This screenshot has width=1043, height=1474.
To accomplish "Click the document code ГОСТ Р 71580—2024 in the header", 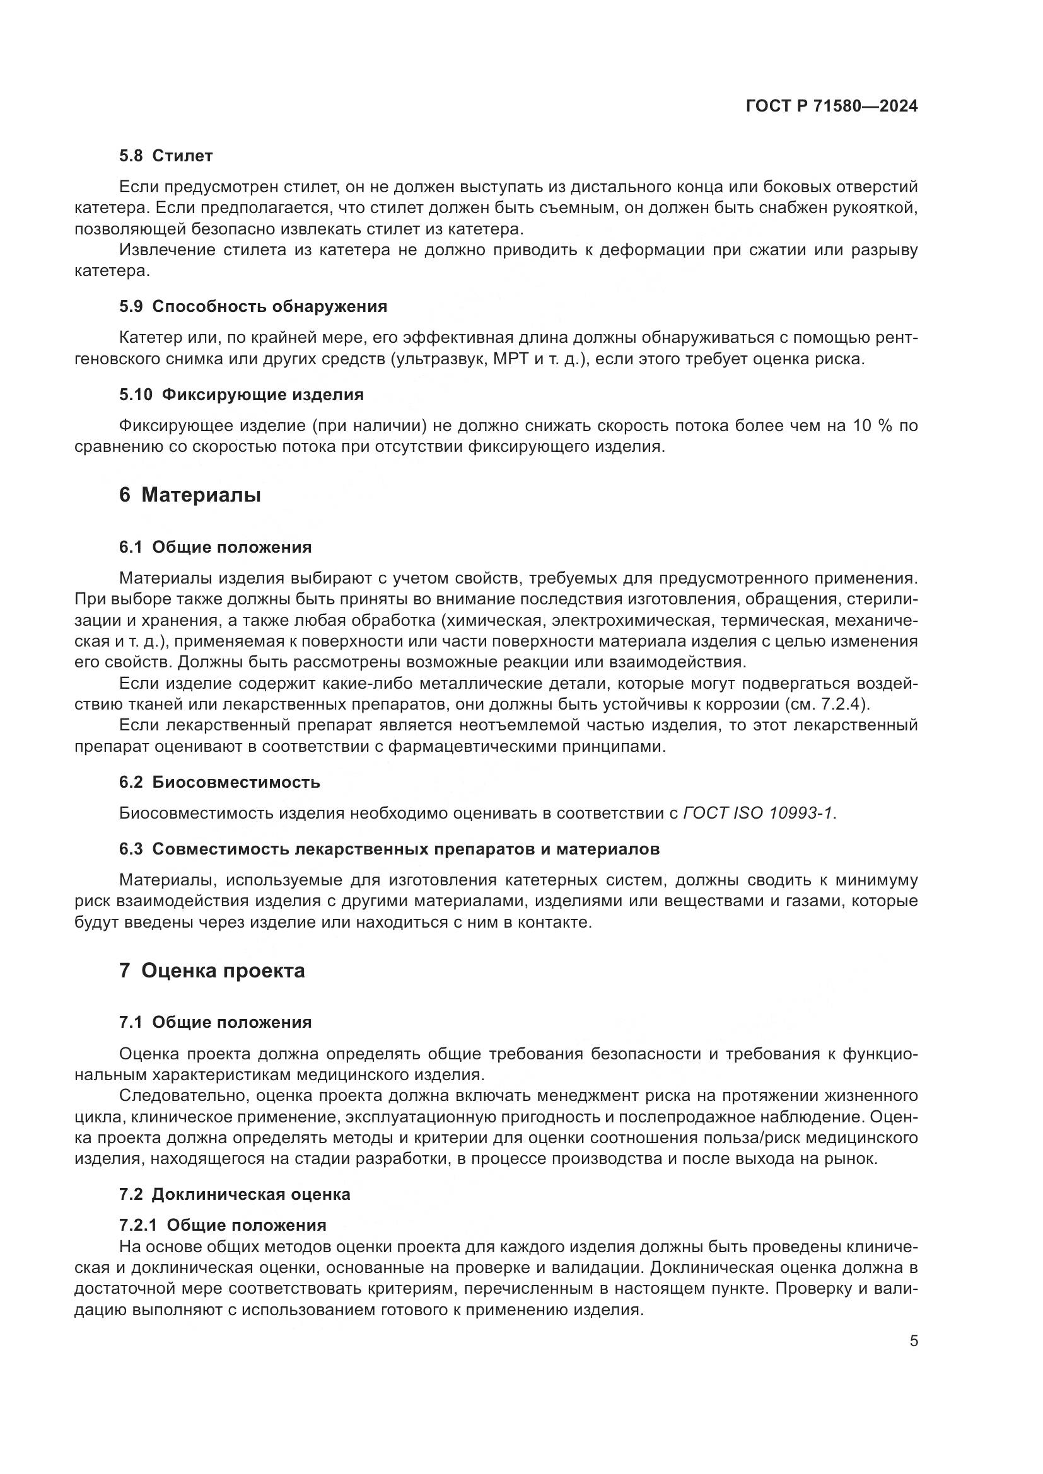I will click(832, 107).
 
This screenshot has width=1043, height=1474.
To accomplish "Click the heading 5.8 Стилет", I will click(166, 156).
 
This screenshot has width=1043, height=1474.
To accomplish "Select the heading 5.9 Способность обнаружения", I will click(253, 307).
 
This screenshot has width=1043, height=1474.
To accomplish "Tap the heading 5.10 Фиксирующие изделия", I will click(242, 395).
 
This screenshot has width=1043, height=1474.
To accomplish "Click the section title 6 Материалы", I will click(189, 495).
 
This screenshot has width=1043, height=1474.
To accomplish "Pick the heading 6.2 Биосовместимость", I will click(219, 783).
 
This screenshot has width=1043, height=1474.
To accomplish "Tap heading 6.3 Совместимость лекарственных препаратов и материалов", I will click(389, 849).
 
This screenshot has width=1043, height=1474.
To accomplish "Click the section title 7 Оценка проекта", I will click(211, 970).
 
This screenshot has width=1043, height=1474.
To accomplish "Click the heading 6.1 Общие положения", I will click(215, 548).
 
